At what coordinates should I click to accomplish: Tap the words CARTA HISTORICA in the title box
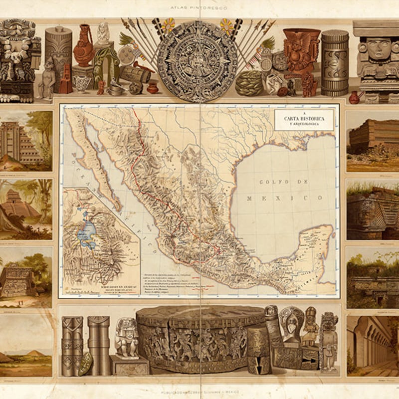tap(304, 118)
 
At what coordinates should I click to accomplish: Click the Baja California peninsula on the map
tap(95, 160)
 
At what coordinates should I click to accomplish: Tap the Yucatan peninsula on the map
tap(312, 244)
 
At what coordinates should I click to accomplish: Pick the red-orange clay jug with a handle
tap(84, 47)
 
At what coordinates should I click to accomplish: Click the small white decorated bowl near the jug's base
tap(82, 82)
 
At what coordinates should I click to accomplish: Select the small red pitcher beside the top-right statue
tap(354, 97)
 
